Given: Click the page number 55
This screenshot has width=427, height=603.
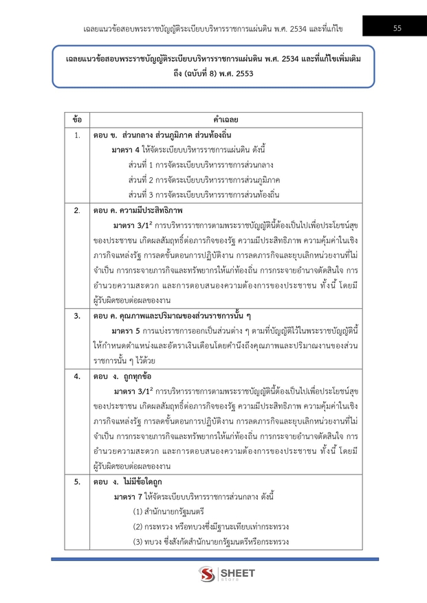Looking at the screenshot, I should [397, 27].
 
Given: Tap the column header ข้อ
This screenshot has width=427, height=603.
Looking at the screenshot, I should [77, 120].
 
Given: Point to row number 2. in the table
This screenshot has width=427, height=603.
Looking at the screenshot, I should [77, 209].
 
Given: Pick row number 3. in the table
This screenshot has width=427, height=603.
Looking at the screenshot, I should [77, 315].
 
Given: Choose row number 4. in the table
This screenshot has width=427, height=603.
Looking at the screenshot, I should [77, 376].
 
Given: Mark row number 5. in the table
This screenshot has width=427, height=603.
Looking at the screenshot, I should [77, 481].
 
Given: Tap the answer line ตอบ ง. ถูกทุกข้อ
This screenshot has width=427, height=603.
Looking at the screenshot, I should [123, 376].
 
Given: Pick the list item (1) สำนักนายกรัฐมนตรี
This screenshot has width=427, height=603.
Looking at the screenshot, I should [169, 512].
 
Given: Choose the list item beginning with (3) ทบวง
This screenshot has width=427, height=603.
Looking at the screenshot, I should [210, 542].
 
